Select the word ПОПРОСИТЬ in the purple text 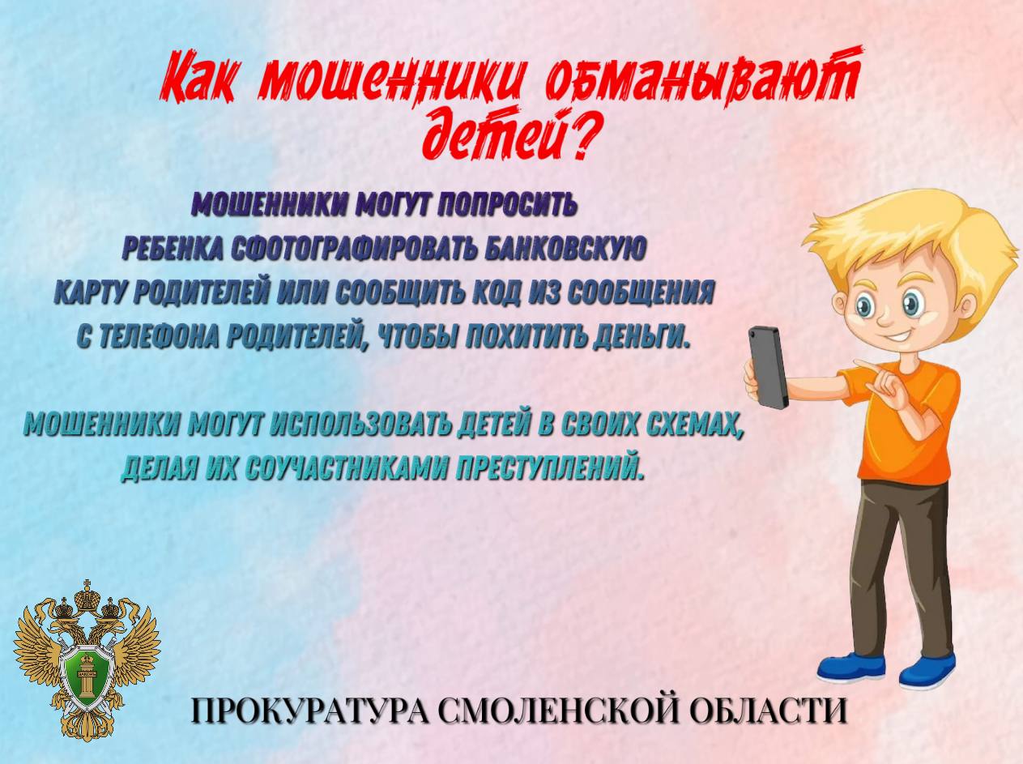point(508,206)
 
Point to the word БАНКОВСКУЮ point(564,248)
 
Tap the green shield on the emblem point(87,672)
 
